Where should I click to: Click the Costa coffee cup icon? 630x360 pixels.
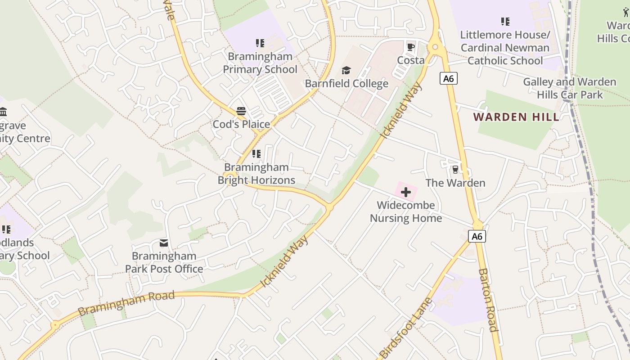pyautogui.click(x=410, y=47)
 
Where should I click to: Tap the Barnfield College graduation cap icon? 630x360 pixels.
pyautogui.click(x=346, y=71)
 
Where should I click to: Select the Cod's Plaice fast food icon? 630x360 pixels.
pyautogui.click(x=241, y=111)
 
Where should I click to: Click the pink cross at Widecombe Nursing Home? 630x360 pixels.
pyautogui.click(x=406, y=192)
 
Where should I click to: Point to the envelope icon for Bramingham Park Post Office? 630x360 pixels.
pyautogui.click(x=164, y=243)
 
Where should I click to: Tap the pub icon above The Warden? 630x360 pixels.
pyautogui.click(x=455, y=170)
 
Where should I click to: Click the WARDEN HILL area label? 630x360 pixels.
pyautogui.click(x=516, y=117)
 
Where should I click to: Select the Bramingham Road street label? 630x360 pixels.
pyautogui.click(x=126, y=303)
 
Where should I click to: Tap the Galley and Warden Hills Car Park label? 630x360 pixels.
pyautogui.click(x=569, y=88)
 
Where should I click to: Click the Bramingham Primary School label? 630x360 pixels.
pyautogui.click(x=260, y=63)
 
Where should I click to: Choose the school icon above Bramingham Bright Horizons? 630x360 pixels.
pyautogui.click(x=256, y=154)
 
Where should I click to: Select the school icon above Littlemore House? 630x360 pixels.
pyautogui.click(x=505, y=22)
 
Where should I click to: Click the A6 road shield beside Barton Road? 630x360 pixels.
pyautogui.click(x=477, y=236)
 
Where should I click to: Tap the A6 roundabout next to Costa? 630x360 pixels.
pyautogui.click(x=435, y=46)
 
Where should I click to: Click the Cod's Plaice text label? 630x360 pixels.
pyautogui.click(x=241, y=124)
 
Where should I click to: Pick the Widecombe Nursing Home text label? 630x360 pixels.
pyautogui.click(x=406, y=211)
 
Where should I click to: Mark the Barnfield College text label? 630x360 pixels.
pyautogui.click(x=346, y=84)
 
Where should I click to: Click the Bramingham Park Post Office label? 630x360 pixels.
pyautogui.click(x=164, y=262)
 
